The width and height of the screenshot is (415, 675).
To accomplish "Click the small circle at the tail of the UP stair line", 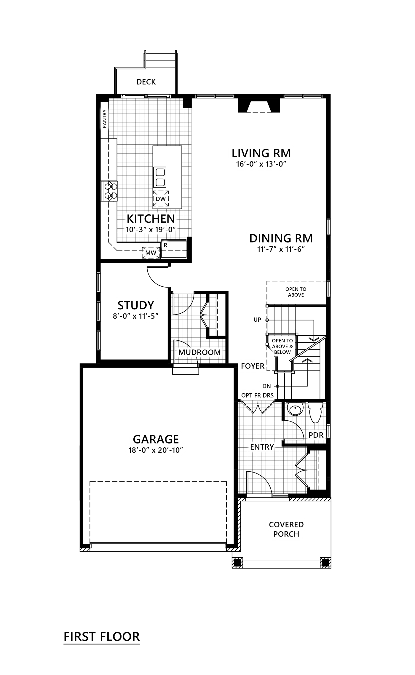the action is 267,320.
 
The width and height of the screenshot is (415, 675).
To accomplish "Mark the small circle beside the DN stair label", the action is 277,386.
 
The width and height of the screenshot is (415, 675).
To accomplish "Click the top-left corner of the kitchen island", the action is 153,146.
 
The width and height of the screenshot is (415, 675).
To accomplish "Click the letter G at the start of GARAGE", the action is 137,439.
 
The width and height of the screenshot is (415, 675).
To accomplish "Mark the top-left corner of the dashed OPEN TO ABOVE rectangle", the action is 267,281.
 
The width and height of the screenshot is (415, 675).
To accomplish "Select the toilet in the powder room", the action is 315,412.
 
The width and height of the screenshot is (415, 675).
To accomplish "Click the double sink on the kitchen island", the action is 159,177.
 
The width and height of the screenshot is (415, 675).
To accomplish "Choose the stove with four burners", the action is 109,191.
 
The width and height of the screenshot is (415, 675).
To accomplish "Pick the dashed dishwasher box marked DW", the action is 161,199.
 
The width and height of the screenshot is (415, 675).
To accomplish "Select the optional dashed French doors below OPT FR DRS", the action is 258,407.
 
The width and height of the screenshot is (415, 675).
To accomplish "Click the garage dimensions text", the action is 156,450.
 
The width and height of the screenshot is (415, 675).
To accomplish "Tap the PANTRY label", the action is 104,119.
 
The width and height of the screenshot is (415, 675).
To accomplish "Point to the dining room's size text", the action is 281,249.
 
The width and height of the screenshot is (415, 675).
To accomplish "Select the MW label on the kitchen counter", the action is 151,253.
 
